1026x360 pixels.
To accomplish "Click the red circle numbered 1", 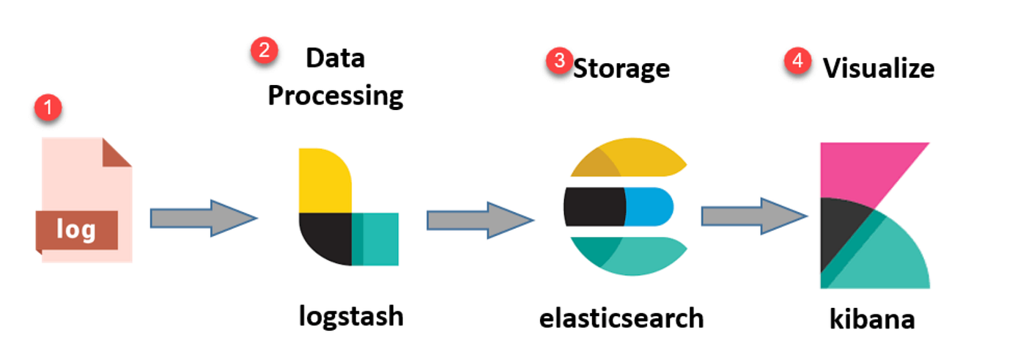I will pyautogui.click(x=49, y=109).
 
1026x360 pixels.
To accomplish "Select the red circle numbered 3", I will pyautogui.click(x=560, y=62).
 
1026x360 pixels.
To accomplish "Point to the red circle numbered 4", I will pyautogui.click(x=797, y=62).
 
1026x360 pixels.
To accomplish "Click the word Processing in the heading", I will pyautogui.click(x=336, y=96).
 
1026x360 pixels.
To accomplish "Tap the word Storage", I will pyautogui.click(x=621, y=68).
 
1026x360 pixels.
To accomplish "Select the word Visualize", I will pyautogui.click(x=879, y=68).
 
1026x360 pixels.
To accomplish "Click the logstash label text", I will pyautogui.click(x=351, y=316).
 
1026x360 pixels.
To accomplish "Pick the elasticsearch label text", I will pyautogui.click(x=621, y=317).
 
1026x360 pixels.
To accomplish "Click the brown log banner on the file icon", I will pyautogui.click(x=76, y=230).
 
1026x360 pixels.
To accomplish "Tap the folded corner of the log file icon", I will pyautogui.click(x=119, y=153).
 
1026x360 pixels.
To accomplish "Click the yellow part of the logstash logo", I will pyautogui.click(x=322, y=178).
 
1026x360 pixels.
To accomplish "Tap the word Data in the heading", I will pyautogui.click(x=335, y=58).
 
